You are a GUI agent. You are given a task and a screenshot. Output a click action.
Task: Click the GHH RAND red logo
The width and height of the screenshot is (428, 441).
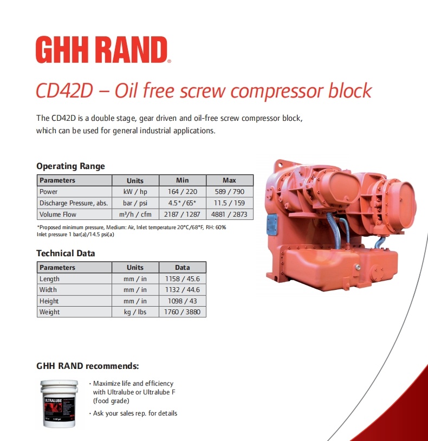click(103, 50)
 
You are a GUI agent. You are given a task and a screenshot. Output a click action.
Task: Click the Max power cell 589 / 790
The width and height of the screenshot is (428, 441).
click(230, 192)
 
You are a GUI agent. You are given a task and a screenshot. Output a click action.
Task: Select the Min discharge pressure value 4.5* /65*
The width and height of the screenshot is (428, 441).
click(182, 203)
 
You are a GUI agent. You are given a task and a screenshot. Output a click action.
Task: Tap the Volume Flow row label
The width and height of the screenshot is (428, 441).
click(57, 215)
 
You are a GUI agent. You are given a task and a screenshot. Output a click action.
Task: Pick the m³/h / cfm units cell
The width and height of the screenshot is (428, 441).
click(135, 215)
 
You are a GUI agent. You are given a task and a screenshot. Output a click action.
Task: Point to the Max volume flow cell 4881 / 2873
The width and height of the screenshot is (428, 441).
click(230, 215)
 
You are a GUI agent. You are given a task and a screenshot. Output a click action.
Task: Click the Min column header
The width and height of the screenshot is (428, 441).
click(182, 180)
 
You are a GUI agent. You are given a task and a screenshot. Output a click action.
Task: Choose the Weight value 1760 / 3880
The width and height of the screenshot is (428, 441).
click(182, 312)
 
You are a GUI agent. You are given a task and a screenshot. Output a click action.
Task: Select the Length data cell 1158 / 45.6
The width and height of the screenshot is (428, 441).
click(182, 278)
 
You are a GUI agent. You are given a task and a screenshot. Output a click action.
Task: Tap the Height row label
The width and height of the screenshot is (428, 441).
click(49, 301)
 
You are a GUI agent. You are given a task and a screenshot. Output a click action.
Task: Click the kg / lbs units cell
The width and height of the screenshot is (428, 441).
click(135, 312)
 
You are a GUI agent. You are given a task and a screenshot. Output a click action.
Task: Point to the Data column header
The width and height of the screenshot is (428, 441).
click(182, 268)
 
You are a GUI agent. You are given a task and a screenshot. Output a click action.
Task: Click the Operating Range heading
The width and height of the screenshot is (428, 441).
click(70, 166)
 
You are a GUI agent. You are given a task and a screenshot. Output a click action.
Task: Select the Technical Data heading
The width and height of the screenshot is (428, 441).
click(66, 254)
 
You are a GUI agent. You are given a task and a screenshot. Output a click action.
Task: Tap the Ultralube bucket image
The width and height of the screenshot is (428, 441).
click(60, 403)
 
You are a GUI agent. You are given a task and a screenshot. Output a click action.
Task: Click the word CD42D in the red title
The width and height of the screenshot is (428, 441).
click(64, 90)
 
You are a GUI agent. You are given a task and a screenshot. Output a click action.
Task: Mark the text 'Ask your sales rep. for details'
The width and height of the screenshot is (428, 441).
click(135, 413)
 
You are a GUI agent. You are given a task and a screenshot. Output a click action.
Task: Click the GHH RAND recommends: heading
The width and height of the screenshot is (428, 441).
click(87, 366)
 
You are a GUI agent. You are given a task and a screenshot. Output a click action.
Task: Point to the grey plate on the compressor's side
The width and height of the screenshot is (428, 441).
click(272, 224)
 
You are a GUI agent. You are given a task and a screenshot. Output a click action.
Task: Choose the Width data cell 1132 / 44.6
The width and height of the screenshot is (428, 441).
click(182, 290)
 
